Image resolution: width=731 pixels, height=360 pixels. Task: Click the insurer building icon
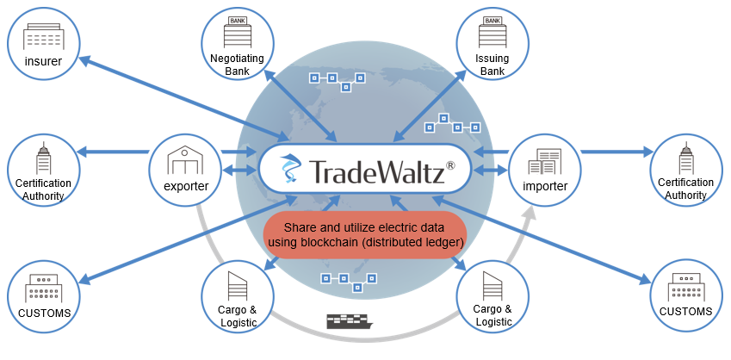[43, 36]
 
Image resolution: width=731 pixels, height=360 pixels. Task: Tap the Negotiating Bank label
[238, 65]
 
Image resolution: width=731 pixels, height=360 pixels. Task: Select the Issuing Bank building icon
[492, 33]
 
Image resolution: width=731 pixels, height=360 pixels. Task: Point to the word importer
[545, 186]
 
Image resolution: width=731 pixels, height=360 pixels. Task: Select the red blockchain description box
[365, 235]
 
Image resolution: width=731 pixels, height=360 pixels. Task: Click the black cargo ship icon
[350, 321]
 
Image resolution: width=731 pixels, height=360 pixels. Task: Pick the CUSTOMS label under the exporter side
[44, 313]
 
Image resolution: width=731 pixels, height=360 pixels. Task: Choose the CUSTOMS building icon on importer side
[685, 288]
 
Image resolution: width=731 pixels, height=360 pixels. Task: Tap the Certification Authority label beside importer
[685, 189]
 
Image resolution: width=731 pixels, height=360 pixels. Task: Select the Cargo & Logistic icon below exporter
[238, 285]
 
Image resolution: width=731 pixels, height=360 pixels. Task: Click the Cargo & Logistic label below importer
[492, 315]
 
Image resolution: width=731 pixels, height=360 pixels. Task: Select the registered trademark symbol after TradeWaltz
[451, 165]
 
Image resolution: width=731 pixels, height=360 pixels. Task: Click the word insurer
[43, 60]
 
